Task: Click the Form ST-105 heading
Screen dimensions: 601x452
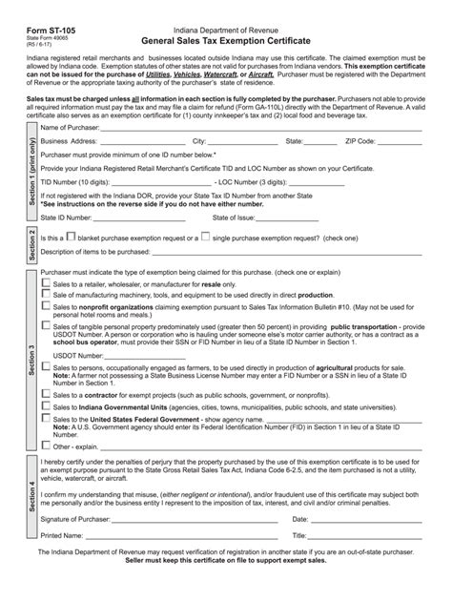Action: (x=39, y=16)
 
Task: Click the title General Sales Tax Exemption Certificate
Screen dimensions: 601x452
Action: (x=225, y=29)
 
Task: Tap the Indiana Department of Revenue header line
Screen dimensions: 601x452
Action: (x=225, y=15)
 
